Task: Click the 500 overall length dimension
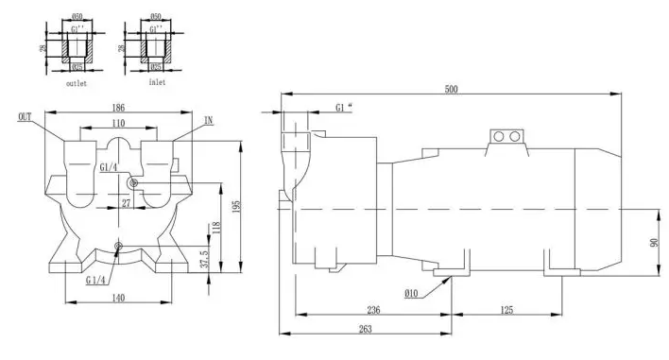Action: pyautogui.click(x=451, y=89)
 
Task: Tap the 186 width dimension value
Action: pyautogui.click(x=118, y=108)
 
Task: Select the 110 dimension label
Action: pyautogui.click(x=118, y=123)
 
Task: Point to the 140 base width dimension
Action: pyautogui.click(x=118, y=298)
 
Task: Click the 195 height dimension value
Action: pyautogui.click(x=238, y=207)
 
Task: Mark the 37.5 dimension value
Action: pyautogui.click(x=205, y=259)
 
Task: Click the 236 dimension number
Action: pyautogui.click(x=373, y=310)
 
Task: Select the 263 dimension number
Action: pyautogui.click(x=366, y=329)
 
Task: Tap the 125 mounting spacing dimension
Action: pyautogui.click(x=506, y=310)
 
